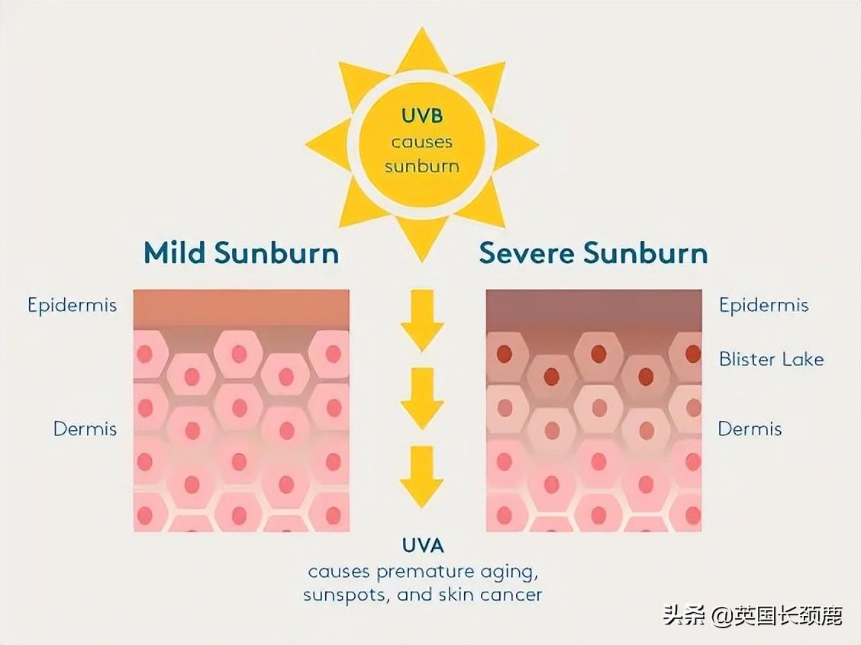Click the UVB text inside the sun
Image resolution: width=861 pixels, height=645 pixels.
422,117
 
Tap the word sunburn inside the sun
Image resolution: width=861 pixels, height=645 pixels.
422,166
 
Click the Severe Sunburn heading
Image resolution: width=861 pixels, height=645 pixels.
593,253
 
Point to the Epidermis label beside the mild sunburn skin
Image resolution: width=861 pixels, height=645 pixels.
73,306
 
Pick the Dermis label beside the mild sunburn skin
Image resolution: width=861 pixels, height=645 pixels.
85,428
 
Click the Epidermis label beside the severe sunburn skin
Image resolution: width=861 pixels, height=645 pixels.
763,306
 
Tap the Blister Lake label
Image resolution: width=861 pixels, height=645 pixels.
771,358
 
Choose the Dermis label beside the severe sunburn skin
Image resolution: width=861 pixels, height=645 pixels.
750,428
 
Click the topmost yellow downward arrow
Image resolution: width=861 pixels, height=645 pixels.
422,320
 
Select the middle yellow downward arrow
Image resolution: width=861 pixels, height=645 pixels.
422,398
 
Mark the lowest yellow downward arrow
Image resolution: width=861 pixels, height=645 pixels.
422,477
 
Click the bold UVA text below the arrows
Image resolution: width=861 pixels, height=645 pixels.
422,545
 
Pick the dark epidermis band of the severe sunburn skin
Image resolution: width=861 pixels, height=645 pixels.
593,309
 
